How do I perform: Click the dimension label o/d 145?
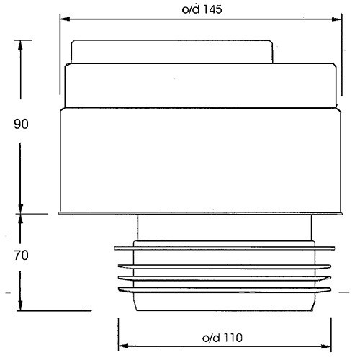[x=202, y=10]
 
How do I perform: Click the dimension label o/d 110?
[x=222, y=338]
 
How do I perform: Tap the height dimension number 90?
[x=21, y=124]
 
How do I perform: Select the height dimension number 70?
[x=21, y=255]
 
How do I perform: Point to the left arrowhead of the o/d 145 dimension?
[x=65, y=19]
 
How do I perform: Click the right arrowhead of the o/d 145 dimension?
[x=336, y=19]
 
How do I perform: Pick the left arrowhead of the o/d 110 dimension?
[x=123, y=346]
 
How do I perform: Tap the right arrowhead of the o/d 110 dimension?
[x=326, y=346]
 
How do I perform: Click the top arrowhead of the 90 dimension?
[x=20, y=45]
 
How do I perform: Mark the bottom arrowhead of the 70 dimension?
[x=20, y=305]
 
